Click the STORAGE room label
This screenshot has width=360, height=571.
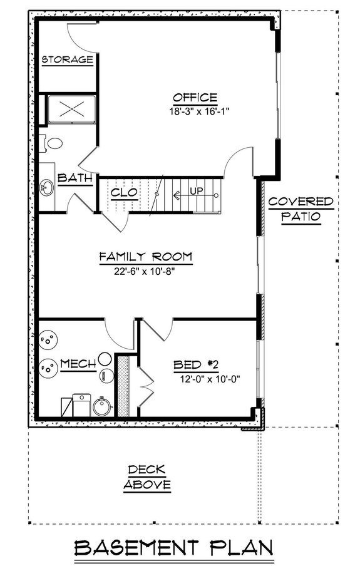pos(68,60)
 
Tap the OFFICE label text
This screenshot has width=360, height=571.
pos(195,98)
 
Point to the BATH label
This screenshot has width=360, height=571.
pos(75,178)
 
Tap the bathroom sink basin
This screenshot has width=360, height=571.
pos(46,187)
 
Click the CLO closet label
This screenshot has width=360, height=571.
pos(123,193)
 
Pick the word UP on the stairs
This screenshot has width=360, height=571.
pos(196,191)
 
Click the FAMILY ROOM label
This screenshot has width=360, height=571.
pos(145,257)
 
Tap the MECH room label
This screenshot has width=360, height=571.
pos(78,363)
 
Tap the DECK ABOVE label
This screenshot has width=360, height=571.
pos(147,476)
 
